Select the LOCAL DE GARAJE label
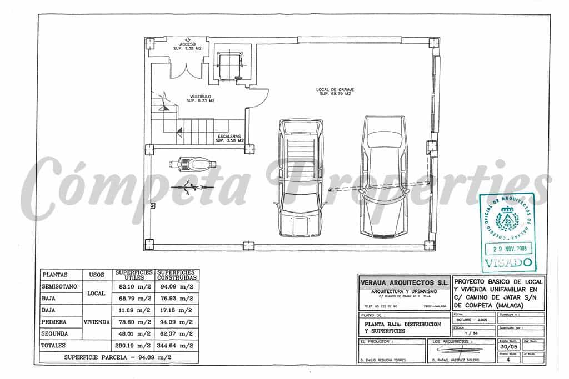point(335,92)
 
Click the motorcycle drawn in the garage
point(191,164)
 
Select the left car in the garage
point(300,178)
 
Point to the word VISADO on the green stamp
point(508,262)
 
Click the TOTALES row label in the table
point(54,345)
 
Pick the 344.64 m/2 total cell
point(176,345)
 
